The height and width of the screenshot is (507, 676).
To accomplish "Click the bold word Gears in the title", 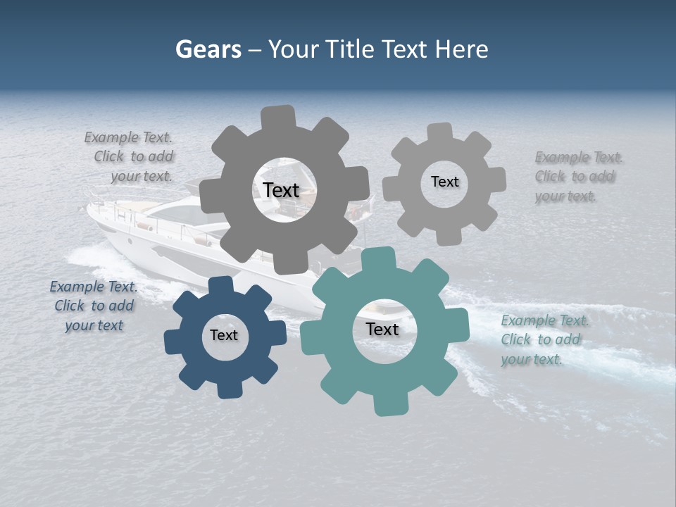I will coord(208,49).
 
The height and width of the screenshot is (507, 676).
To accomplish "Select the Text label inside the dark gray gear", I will coord(281,190).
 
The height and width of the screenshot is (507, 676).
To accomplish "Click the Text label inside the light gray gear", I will coord(444,182).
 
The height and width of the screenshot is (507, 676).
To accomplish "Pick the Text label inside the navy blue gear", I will coord(224,335).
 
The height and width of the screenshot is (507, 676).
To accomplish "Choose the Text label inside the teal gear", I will coord(382,329).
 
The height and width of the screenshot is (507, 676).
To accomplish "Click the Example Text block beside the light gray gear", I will coord(577,176).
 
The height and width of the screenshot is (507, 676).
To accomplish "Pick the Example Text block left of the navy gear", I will coord(94,306).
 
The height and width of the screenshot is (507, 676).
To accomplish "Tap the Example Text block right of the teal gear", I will coord(544,339).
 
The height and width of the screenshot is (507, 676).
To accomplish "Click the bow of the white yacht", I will coord(95,211).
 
